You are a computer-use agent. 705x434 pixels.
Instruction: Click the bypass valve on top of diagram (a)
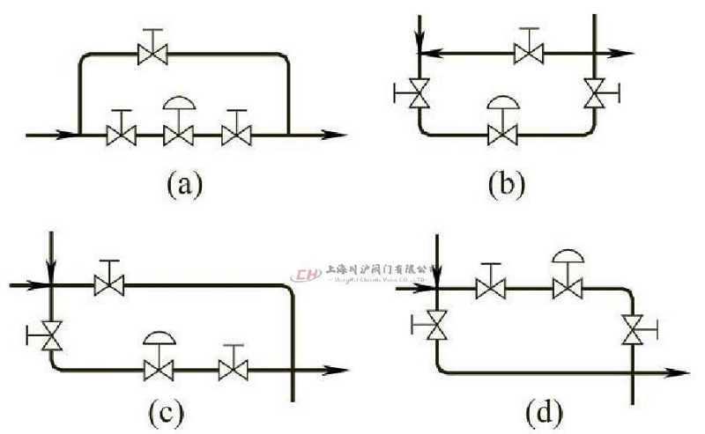tap(152, 55)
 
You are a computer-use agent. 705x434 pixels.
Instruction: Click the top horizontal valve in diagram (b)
tap(529, 55)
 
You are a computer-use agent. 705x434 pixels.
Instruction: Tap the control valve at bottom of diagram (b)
tap(502, 135)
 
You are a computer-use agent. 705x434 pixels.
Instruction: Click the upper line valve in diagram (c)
tap(109, 284)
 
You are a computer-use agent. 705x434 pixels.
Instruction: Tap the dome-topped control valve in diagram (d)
tap(568, 287)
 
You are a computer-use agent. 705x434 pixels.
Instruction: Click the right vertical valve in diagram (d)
tap(632, 330)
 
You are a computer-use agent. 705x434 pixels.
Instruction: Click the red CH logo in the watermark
tap(308, 276)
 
